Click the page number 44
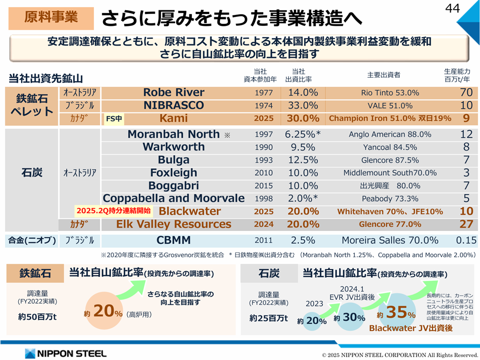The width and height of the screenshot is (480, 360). pos(453,8)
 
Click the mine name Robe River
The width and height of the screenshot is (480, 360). pos(174,93)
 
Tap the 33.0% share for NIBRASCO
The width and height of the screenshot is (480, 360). pos(303,106)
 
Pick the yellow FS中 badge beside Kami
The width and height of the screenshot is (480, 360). pos(114,119)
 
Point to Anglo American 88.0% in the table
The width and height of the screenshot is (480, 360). pos(390,135)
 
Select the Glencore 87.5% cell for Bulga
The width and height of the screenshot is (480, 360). pos(390,160)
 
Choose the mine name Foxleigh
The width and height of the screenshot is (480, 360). pos(174,173)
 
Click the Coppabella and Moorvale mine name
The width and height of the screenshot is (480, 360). pos(174,198)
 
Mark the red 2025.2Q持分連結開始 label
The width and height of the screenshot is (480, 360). pos(113,210)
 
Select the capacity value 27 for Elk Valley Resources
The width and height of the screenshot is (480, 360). pos(466,224)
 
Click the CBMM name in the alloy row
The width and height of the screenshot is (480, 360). pos(174,240)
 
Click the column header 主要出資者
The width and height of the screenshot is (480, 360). pos(384,75)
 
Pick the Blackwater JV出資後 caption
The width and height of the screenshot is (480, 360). pos(410,329)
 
